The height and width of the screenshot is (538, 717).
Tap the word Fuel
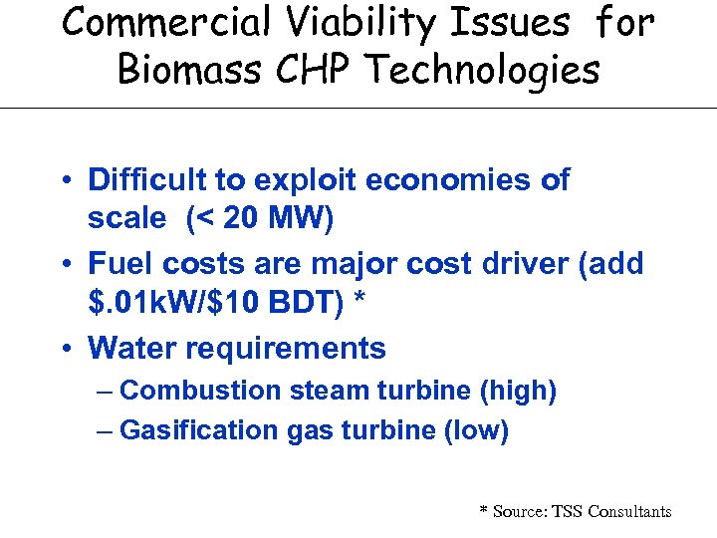pyautogui.click(x=119, y=264)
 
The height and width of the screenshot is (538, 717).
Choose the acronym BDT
pyautogui.click(x=307, y=305)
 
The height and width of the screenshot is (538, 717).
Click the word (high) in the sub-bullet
pyautogui.click(x=518, y=391)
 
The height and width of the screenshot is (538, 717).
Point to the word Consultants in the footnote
pyautogui.click(x=629, y=511)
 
